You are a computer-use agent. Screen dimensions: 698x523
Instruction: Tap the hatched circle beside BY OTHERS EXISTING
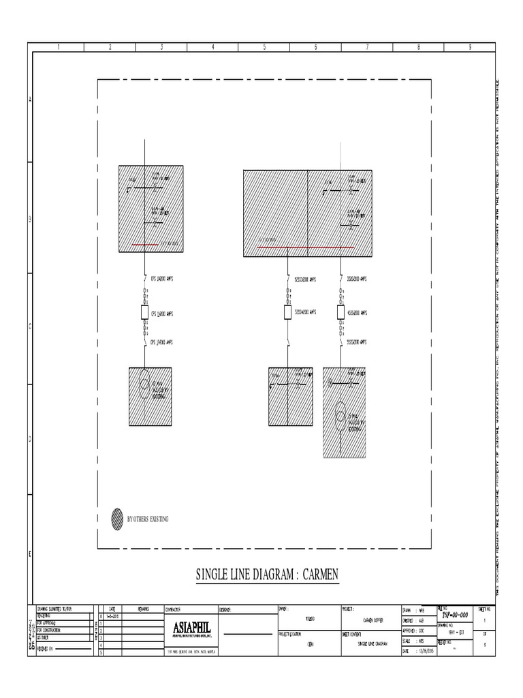[117, 519]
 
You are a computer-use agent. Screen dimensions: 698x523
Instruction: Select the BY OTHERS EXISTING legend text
[148, 519]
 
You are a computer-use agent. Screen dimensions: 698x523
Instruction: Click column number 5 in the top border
[264, 47]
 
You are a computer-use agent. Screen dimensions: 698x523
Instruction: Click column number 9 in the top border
[470, 47]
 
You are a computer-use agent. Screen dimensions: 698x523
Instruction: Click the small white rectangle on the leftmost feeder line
[144, 313]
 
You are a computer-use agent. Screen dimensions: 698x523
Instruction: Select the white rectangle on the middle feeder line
[287, 312]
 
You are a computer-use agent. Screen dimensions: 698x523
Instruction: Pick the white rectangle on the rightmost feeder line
[340, 312]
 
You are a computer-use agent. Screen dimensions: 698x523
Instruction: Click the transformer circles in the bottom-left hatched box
[144, 384]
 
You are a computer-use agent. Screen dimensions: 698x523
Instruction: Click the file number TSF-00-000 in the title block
[455, 614]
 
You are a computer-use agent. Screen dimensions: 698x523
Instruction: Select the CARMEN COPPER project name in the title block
[373, 620]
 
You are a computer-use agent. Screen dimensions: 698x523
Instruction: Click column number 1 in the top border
[59, 47]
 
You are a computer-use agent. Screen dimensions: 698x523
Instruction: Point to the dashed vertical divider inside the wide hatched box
[308, 211]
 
